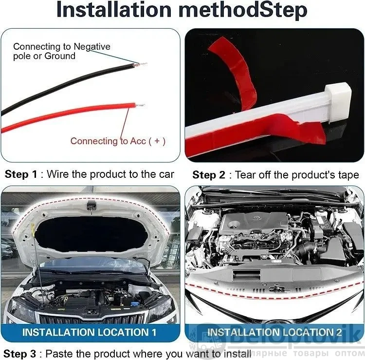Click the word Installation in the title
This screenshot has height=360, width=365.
[x=114, y=10]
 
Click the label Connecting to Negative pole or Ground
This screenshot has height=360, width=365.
[x=62, y=51]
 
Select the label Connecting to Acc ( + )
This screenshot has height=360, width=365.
[x=118, y=141]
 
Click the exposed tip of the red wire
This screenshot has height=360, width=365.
[x=140, y=105]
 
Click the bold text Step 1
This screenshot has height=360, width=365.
[x=21, y=174]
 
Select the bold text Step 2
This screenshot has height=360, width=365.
[x=209, y=175]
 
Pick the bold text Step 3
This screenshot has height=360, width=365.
[x=20, y=354]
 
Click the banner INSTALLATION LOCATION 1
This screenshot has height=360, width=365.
[x=89, y=332]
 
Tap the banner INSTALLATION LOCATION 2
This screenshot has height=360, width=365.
[x=274, y=332]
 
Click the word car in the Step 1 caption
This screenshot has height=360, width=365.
[x=166, y=174]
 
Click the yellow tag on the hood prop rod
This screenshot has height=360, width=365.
[x=33, y=229]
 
